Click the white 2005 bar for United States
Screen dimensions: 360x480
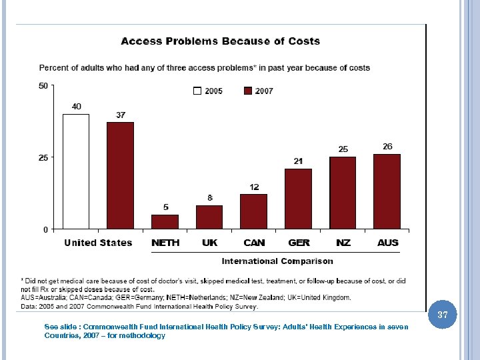(x=76, y=171)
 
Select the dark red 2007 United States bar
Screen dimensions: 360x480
(x=120, y=175)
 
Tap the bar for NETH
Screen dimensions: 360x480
(x=165, y=221)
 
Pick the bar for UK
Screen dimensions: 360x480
(x=209, y=217)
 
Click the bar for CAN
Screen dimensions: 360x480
(x=253, y=211)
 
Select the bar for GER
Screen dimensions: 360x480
(x=298, y=199)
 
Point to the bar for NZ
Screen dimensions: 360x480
(x=343, y=193)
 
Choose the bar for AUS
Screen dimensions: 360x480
(x=387, y=191)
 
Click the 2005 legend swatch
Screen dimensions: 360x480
(x=197, y=91)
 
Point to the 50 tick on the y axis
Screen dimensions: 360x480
(x=43, y=85)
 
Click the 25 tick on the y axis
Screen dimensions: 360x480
(x=43, y=157)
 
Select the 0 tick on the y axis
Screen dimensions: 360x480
(x=45, y=229)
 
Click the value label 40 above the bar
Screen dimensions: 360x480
(x=77, y=106)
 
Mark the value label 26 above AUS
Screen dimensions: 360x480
(x=387, y=146)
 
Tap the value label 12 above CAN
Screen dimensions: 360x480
(x=255, y=187)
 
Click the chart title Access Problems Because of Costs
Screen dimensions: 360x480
(x=220, y=41)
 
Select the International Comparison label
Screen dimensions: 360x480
(x=277, y=261)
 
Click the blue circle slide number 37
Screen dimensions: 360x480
(x=443, y=314)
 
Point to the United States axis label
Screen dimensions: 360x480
(x=98, y=243)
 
